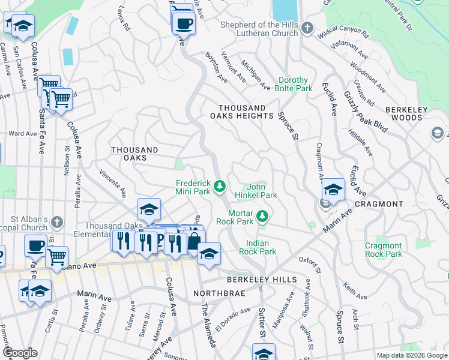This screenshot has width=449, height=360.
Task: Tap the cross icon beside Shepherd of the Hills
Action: (307, 28)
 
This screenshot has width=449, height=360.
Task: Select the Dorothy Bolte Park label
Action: (294, 84)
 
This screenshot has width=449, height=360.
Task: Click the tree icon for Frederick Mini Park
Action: (220, 186)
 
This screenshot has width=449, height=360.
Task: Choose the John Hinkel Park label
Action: (262, 191)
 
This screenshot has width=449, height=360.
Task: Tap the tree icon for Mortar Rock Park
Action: (262, 215)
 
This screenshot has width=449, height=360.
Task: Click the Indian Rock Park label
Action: (261, 247)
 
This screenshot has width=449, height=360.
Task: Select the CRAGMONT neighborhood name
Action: (379, 204)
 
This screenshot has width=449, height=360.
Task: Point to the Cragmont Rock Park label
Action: (384, 250)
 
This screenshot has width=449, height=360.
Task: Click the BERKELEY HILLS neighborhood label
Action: (261, 280)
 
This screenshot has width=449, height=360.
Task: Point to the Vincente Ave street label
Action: (112, 183)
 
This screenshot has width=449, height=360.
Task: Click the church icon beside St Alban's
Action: (58, 221)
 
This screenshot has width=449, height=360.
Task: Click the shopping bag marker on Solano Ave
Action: (194, 241)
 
